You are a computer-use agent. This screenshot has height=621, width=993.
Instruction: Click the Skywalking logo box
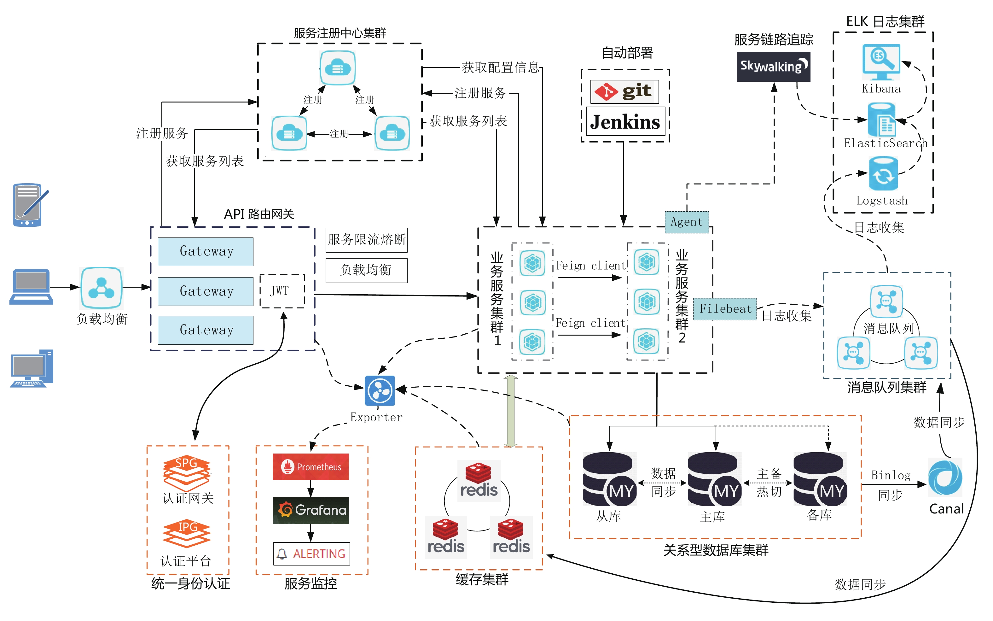[x=773, y=67]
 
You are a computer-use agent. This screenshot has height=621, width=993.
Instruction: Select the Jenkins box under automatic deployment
[x=625, y=121]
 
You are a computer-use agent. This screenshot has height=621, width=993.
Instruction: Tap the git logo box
[x=624, y=91]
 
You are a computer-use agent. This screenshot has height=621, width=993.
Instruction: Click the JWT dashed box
[x=282, y=291]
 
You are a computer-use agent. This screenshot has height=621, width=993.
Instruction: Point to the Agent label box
[x=686, y=222]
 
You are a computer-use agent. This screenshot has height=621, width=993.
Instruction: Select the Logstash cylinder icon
[x=883, y=174]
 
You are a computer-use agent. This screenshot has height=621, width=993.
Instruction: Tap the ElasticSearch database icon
[x=881, y=120]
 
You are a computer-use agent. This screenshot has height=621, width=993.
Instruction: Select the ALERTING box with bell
[x=311, y=554]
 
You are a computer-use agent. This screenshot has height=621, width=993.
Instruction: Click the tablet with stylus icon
[x=30, y=205]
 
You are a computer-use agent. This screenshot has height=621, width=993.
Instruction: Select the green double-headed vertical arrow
[x=510, y=411]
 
